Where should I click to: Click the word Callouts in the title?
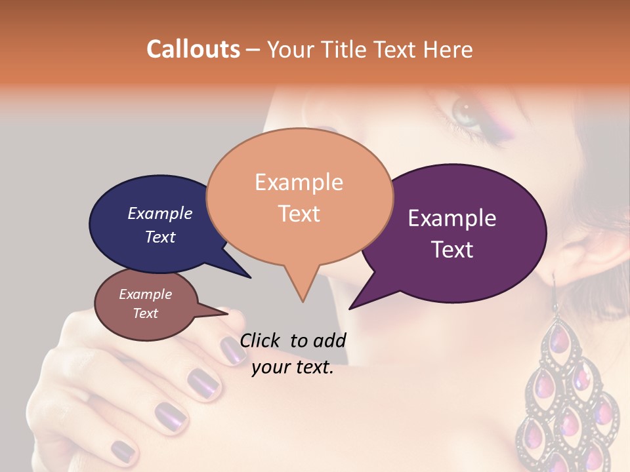click(193, 49)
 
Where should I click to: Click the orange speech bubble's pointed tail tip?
click(303, 302)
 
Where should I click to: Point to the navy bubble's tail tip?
click(251, 278)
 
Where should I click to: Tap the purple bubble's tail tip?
click(350, 308)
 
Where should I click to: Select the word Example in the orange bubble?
click(299, 182)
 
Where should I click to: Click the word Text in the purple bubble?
click(452, 250)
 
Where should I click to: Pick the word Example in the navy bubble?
click(160, 213)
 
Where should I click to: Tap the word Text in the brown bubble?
click(146, 313)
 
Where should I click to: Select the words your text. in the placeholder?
click(293, 368)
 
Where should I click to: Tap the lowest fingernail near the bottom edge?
click(122, 450)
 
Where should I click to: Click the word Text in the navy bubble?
click(160, 237)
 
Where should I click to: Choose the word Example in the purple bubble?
click(452, 218)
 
